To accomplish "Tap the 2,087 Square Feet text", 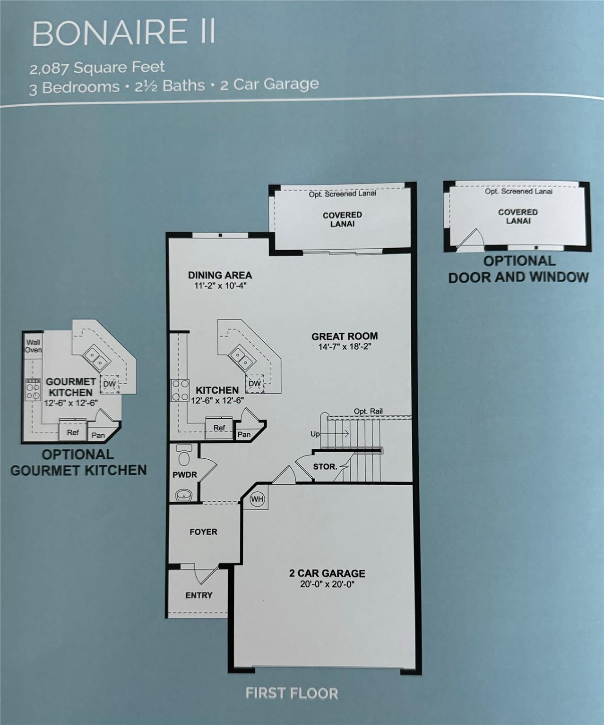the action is pos(97,67).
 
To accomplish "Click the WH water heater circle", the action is pos(257,499).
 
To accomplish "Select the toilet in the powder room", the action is pos(184,455).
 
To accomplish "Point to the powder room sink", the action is pos(184,495).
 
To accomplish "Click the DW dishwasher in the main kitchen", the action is pos(255,383).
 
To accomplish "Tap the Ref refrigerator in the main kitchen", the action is pos(219,428).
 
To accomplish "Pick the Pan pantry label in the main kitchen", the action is pos(244,434).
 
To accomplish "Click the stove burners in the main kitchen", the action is pos(180,390).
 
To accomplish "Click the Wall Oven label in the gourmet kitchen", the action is pos(34,346).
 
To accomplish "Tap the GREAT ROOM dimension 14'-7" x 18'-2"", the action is pos(345,346).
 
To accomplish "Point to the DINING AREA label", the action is pos(220,275).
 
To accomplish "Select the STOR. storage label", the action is pos(325,467).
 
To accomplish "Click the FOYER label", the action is pos(203,532).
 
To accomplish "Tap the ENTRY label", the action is pos(199,595).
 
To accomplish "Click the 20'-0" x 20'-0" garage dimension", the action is pos(327,584).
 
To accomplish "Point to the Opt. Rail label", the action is pos(368,411).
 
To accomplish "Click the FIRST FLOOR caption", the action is pos(292,693).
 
